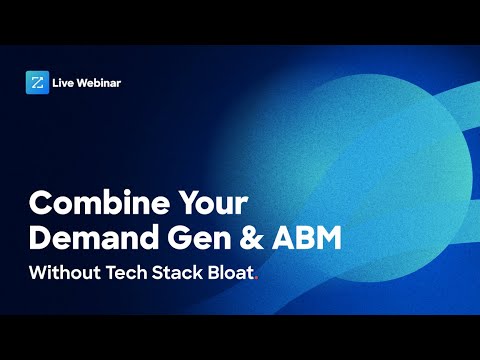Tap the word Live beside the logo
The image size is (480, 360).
[x=70, y=82]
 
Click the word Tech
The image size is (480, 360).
[x=133, y=272]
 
